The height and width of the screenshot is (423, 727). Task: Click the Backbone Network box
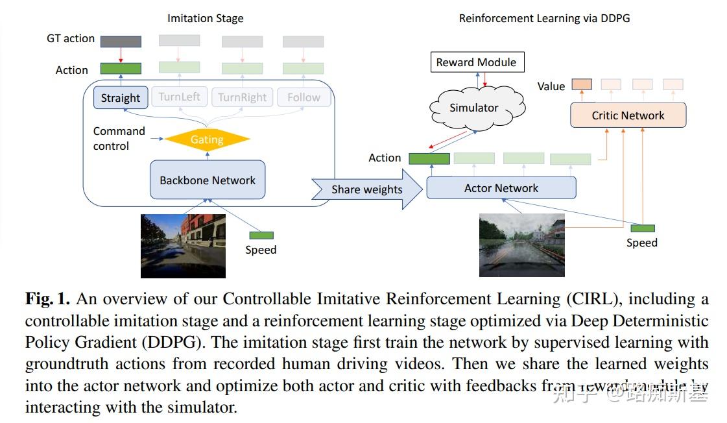click(208, 180)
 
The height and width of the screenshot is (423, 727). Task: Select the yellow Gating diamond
click(207, 139)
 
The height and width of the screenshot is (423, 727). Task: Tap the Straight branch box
click(121, 97)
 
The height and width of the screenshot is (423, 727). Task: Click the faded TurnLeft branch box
click(180, 97)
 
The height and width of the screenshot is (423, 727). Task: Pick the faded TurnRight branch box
click(242, 97)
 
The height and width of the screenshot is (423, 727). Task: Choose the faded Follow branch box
click(304, 97)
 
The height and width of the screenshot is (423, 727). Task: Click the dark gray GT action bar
click(121, 41)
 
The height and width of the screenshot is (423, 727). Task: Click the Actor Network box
click(501, 188)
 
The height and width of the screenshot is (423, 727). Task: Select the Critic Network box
click(628, 115)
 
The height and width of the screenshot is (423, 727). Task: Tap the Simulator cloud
click(474, 108)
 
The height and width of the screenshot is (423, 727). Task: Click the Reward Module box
click(476, 62)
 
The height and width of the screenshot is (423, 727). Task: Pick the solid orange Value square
click(582, 84)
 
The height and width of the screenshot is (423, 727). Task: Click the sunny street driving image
click(183, 246)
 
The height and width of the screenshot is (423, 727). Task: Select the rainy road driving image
click(521, 245)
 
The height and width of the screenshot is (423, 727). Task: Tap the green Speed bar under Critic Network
click(642, 228)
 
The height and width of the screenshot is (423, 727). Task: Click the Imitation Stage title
click(205, 18)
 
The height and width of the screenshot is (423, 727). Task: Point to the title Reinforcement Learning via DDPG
click(544, 18)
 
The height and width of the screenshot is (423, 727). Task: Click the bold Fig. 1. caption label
click(48, 299)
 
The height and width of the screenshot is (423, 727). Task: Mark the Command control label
click(119, 138)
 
